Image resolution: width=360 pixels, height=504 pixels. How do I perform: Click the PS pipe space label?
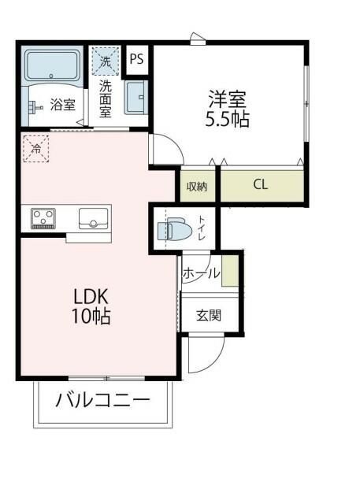coord(137,58)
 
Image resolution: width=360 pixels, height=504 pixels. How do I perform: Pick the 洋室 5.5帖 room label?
coord(227,109)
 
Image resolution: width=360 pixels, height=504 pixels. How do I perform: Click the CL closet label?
coord(260,186)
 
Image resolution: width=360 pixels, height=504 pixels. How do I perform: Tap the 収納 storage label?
coord(197,187)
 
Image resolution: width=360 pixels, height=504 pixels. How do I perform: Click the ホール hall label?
coord(201,273)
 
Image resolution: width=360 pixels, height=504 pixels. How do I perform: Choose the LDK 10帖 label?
coord(91,307)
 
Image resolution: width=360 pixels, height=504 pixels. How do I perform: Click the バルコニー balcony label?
coord(102,400)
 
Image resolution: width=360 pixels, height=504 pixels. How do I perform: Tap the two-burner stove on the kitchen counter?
coord(43,218)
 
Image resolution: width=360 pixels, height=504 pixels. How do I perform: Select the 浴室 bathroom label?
coord(63,103)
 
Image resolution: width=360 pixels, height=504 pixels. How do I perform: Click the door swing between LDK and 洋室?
coord(163,150)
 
